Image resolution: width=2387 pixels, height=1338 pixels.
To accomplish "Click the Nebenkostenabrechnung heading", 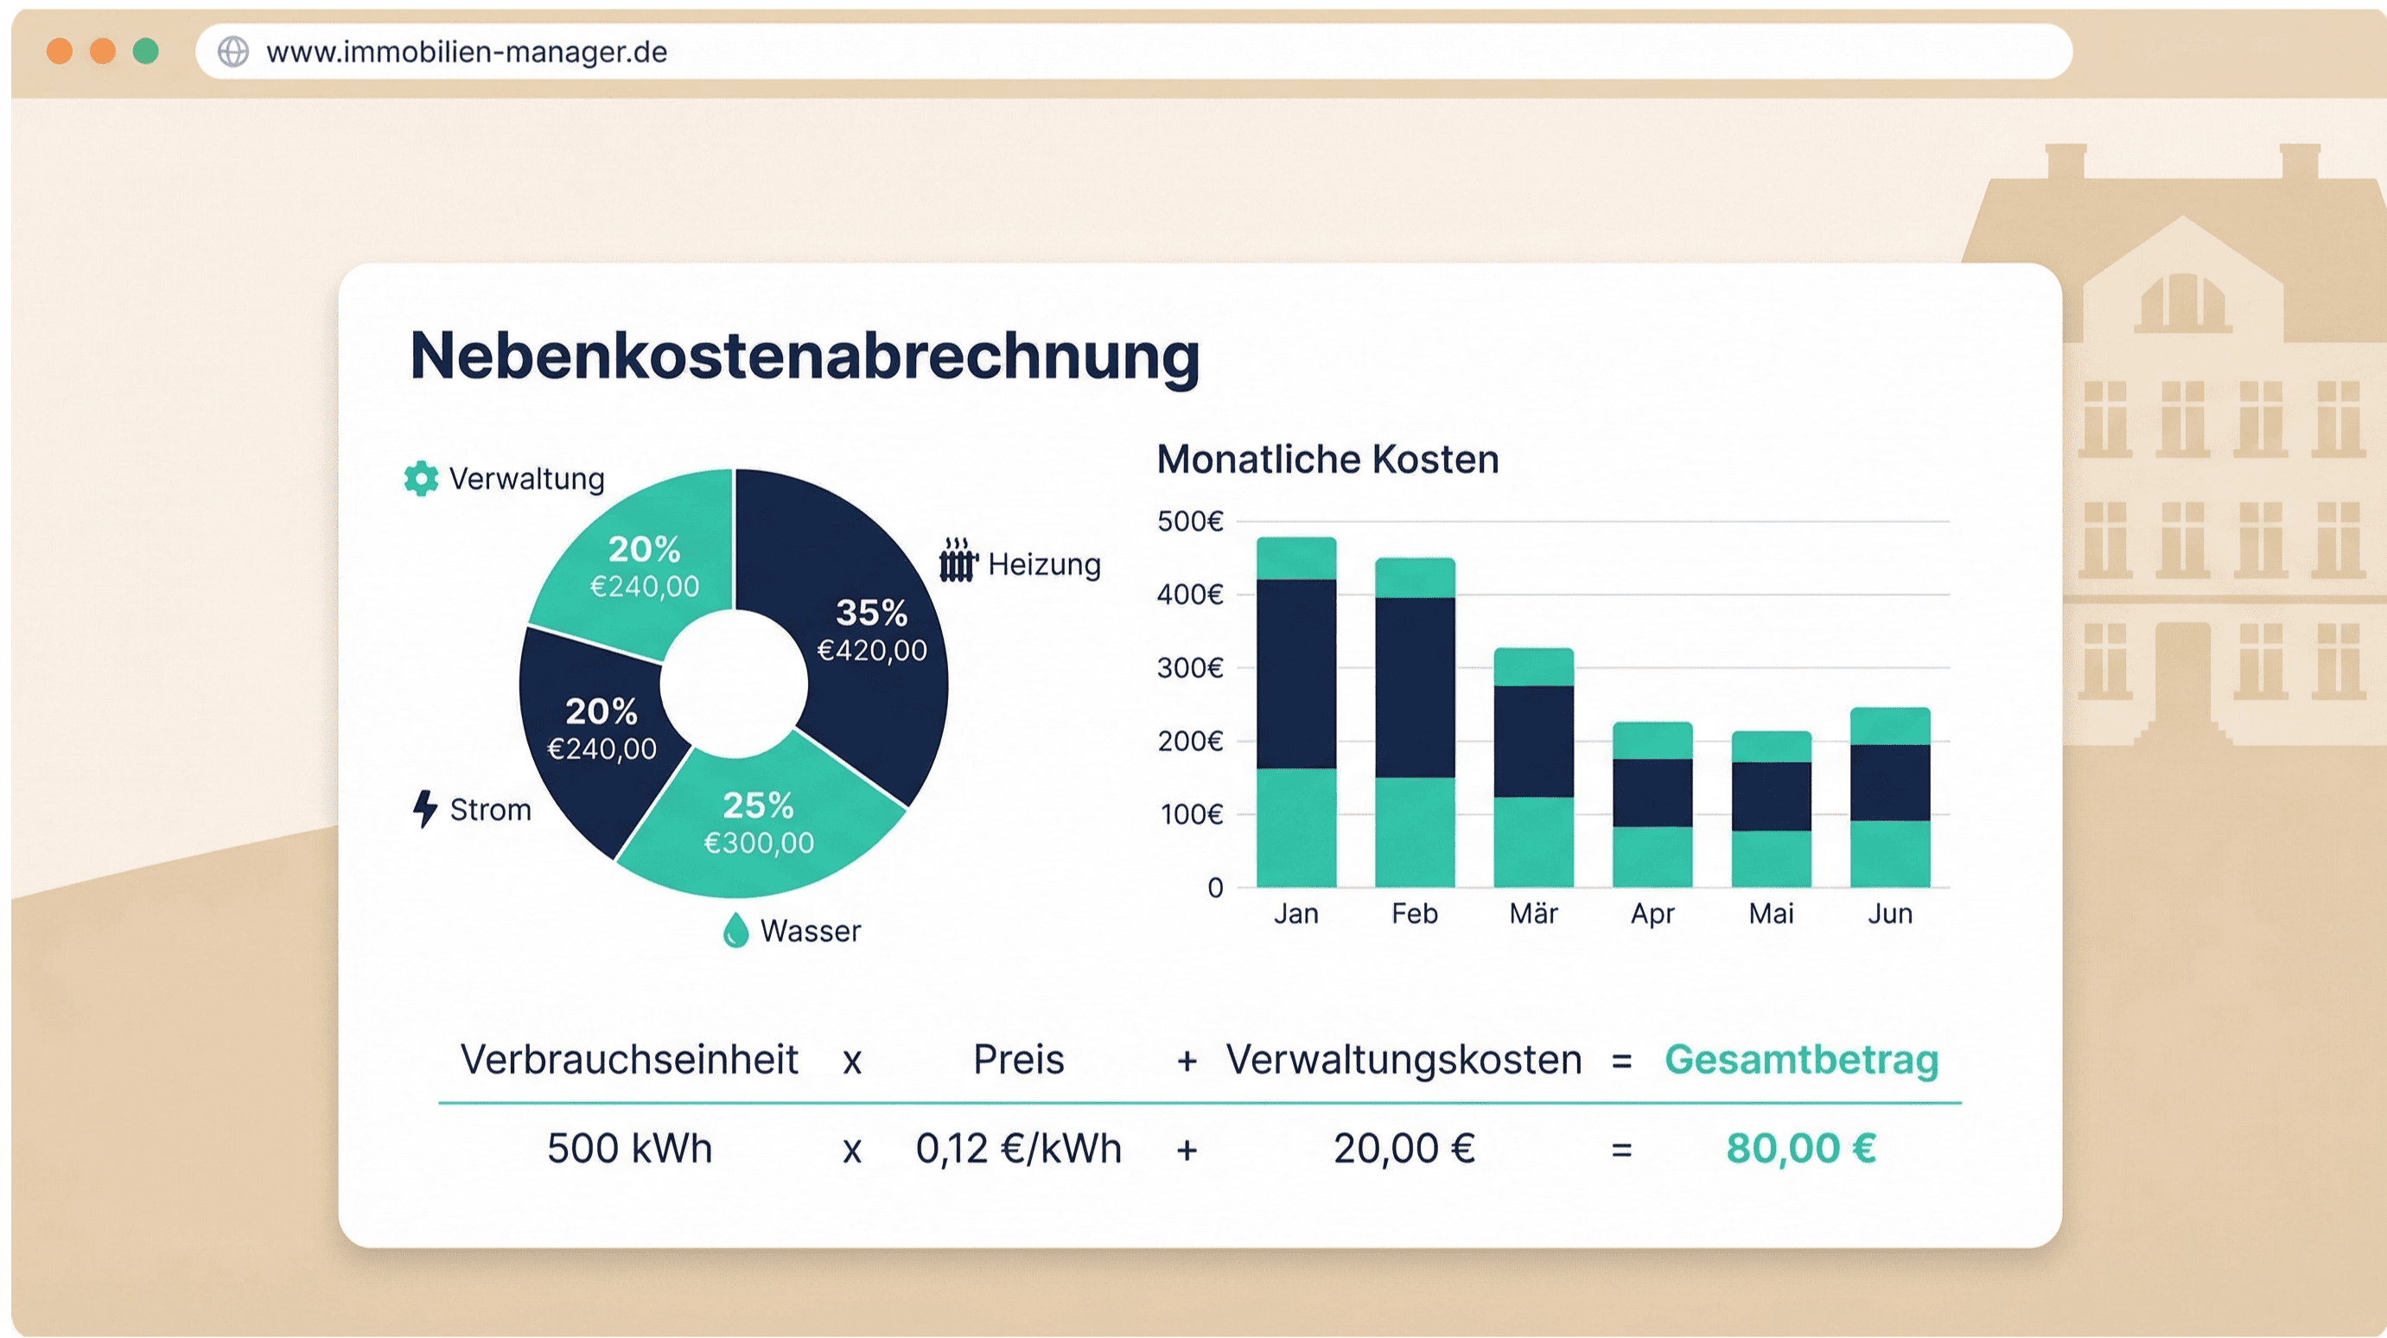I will (805, 357).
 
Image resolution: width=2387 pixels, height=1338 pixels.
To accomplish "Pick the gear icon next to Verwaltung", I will (421, 478).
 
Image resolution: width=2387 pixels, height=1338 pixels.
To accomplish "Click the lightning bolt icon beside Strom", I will (424, 808).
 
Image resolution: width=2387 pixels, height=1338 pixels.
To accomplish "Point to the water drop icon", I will (735, 930).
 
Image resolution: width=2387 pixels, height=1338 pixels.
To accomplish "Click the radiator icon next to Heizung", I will (958, 561).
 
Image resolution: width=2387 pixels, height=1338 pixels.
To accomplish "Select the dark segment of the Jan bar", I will (1295, 673).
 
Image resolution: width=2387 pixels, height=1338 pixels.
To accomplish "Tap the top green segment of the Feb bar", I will (1414, 577).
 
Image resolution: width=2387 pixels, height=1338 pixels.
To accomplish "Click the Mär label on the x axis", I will (1532, 914).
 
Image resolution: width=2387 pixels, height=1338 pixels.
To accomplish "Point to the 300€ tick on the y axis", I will (1190, 667).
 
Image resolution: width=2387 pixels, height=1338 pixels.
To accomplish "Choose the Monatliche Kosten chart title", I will (1327, 460).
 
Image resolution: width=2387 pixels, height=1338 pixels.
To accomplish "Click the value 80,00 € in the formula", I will (1800, 1148).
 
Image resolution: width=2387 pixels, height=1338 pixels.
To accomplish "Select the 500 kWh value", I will (629, 1148).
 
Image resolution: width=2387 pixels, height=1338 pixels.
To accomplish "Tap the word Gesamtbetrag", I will (1800, 1059).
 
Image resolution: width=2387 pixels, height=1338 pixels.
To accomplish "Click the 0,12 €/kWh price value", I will (1018, 1148).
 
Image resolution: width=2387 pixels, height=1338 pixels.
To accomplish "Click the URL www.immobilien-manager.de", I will (466, 52).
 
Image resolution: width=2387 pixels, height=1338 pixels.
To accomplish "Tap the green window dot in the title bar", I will (145, 51).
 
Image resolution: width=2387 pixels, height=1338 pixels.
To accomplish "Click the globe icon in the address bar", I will (233, 52).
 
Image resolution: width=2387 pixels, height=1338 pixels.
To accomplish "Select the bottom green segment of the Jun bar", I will (1889, 853).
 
